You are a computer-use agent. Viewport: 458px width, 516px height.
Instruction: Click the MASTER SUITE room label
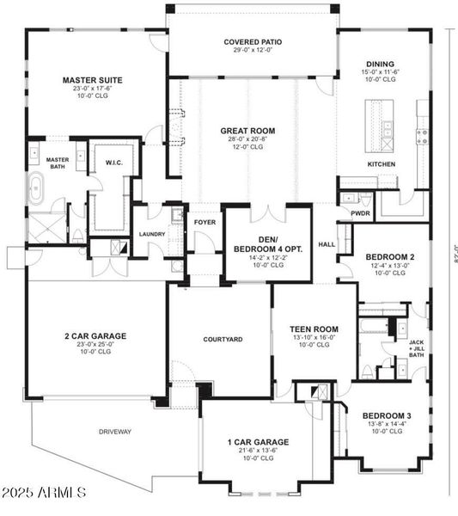[92, 81]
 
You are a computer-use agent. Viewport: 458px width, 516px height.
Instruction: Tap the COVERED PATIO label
[253, 41]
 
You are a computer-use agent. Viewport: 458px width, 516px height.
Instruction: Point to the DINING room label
[379, 64]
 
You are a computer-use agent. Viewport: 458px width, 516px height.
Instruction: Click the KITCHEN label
[381, 163]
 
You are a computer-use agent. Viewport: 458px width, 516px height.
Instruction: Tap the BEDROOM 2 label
[389, 256]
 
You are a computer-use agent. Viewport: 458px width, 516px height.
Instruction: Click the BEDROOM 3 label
[387, 416]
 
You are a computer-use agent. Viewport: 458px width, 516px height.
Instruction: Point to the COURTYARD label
[223, 339]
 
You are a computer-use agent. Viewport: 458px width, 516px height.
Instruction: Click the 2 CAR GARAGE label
[95, 335]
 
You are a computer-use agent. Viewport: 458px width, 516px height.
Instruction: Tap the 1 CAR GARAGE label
[258, 442]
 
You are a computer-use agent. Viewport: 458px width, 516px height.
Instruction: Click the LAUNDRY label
[152, 233]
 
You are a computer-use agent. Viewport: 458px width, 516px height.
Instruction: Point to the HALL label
[327, 243]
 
